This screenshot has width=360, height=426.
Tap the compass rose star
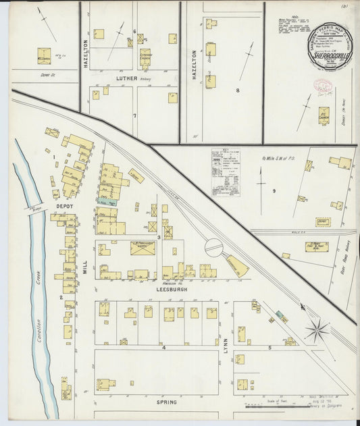315,331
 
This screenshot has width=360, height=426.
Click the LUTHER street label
126,78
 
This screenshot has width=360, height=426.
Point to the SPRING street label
166,402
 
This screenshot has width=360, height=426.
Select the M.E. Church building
44,54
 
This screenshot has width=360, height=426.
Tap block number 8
237,90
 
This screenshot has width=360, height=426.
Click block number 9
274,191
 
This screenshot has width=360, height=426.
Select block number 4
163,347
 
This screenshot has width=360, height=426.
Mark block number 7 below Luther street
134,115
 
